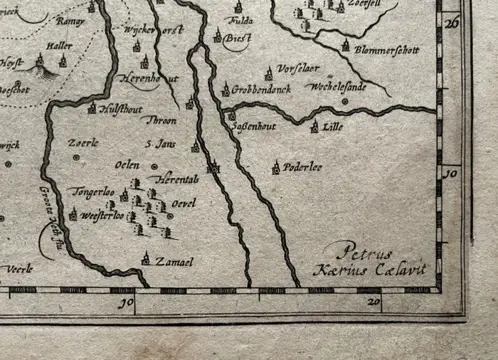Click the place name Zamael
pos(174,261)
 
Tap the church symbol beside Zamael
pos(146,259)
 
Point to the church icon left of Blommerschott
pos(347,46)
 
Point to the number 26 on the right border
pos(452,20)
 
